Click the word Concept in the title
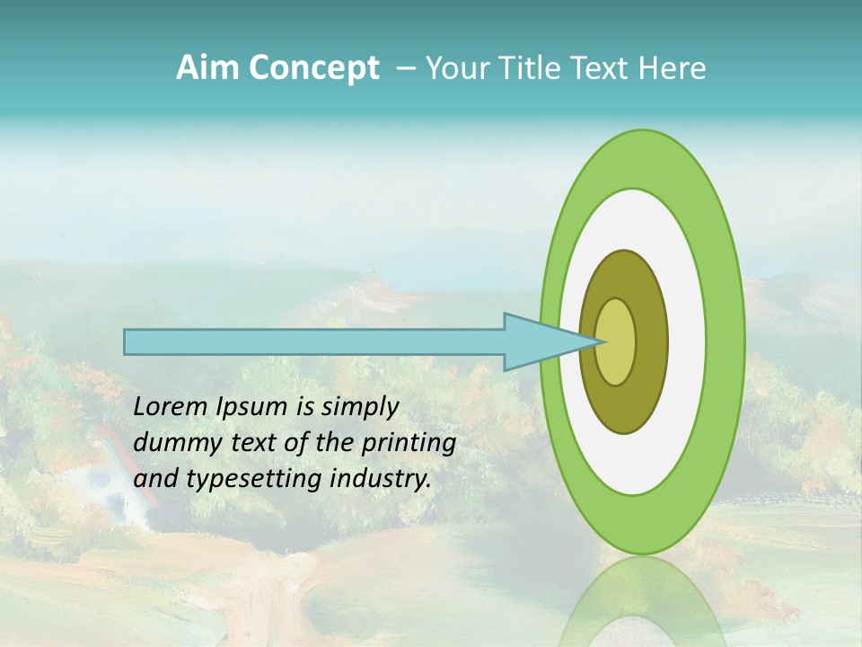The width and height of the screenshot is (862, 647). click(314, 68)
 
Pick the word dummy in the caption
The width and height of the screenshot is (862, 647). click(174, 443)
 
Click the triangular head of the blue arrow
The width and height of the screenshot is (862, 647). click(539, 341)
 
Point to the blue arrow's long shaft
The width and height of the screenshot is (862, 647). click(314, 341)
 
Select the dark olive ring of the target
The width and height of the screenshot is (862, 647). click(650, 342)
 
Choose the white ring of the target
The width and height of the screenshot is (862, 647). click(686, 341)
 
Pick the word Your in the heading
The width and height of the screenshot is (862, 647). click(454, 68)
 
